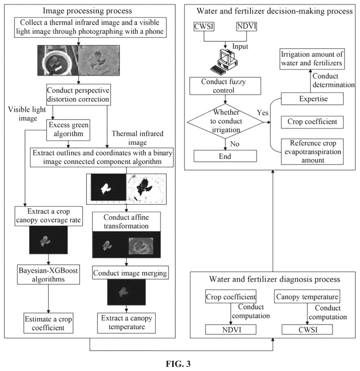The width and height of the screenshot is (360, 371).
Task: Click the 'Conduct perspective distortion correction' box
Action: pyautogui.click(x=78, y=95)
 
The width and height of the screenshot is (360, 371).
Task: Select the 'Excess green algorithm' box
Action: pyautogui.click(x=68, y=130)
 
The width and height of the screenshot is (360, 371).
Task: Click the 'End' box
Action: pyautogui.click(x=225, y=156)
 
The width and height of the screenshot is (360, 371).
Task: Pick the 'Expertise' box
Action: pyautogui.click(x=312, y=99)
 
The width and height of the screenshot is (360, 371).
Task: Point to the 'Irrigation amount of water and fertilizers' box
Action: pyautogui.click(x=312, y=59)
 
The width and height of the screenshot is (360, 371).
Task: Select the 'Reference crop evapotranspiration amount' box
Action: pyautogui.click(x=312, y=152)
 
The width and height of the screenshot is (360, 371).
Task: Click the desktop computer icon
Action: pyautogui.click(x=224, y=60)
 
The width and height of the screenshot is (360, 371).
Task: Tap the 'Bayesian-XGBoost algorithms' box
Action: pyautogui.click(x=48, y=275)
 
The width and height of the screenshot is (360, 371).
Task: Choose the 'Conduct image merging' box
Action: pyautogui.click(x=130, y=273)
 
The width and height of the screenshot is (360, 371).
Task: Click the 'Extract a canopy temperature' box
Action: pyautogui.click(x=127, y=323)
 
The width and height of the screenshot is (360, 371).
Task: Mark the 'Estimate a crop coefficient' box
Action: pyautogui.click(x=48, y=323)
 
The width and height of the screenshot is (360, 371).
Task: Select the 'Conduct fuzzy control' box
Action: pyautogui.click(x=225, y=86)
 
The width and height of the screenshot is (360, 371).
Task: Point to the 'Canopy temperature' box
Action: pyautogui.click(x=307, y=297)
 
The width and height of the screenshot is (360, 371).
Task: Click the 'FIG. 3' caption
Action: pyautogui.click(x=178, y=364)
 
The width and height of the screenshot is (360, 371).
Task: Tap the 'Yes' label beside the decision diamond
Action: pyautogui.click(x=262, y=112)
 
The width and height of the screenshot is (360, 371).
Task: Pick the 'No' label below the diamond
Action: pyautogui.click(x=235, y=144)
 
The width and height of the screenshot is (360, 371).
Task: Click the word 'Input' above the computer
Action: pyautogui.click(x=240, y=46)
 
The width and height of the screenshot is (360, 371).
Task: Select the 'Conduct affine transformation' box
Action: pyautogui.click(x=126, y=222)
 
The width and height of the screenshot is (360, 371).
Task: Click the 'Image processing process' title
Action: pyautogui.click(x=87, y=11)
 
